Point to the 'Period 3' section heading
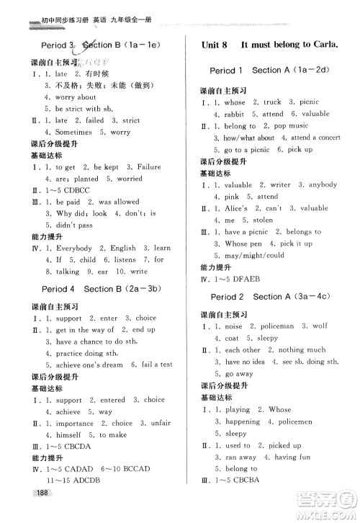(x=53, y=45)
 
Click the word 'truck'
(x=272, y=102)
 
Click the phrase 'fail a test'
(x=156, y=365)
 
